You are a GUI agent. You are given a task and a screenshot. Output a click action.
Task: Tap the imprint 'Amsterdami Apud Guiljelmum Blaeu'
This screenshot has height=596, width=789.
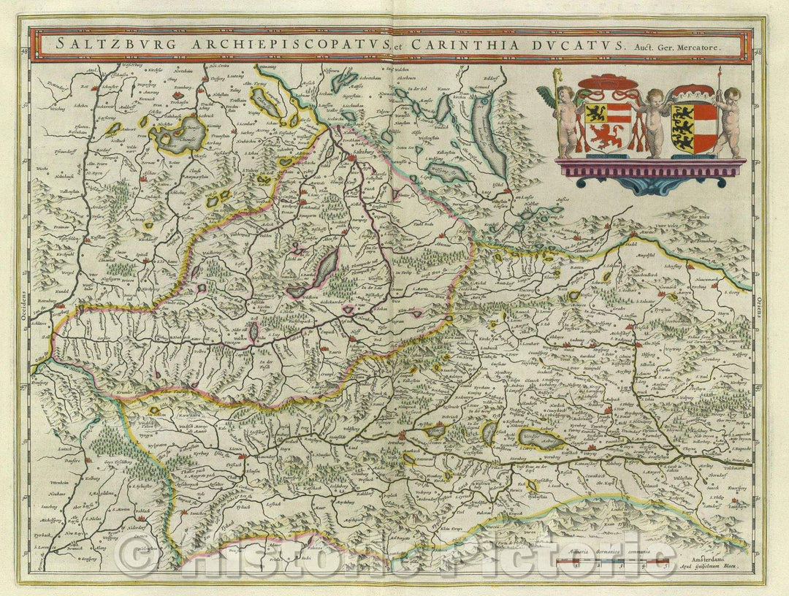point(716,560)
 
